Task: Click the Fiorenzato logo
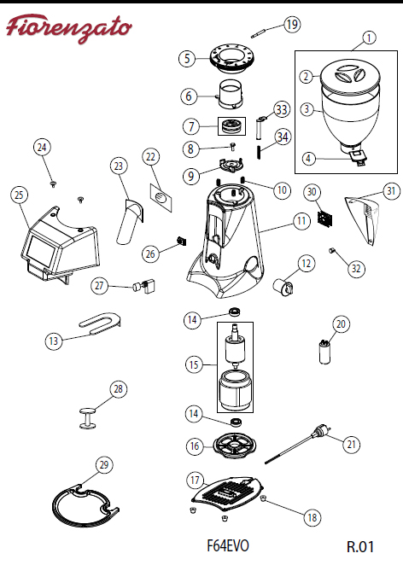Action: point(69,29)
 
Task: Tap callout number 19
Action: point(292,25)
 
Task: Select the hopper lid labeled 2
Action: point(350,76)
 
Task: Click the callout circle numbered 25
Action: point(19,195)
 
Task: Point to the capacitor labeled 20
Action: point(325,352)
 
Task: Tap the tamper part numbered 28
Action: point(88,418)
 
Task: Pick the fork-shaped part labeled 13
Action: point(100,322)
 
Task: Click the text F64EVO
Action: point(228,545)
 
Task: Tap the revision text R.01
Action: point(360,546)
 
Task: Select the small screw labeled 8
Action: point(233,146)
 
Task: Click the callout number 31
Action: point(391,191)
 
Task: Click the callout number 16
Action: point(195,446)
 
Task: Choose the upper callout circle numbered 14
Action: point(192,319)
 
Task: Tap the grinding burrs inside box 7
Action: point(231,126)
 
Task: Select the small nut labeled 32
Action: point(332,250)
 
